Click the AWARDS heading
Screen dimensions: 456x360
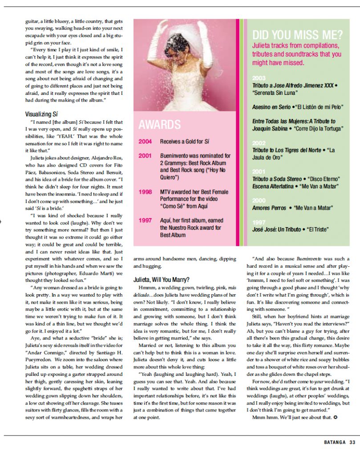[x=160, y=124]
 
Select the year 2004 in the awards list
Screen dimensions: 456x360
[x=145, y=142]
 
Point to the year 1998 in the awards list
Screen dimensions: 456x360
[x=145, y=192]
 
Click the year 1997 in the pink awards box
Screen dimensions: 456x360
[x=145, y=220]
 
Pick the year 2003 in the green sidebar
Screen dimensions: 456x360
[x=259, y=77]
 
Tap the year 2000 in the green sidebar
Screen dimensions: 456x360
[x=259, y=200]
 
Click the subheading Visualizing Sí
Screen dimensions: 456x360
[x=44, y=114]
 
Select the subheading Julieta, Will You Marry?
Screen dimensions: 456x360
[x=162, y=280]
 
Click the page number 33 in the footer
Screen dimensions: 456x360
[x=352, y=442]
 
